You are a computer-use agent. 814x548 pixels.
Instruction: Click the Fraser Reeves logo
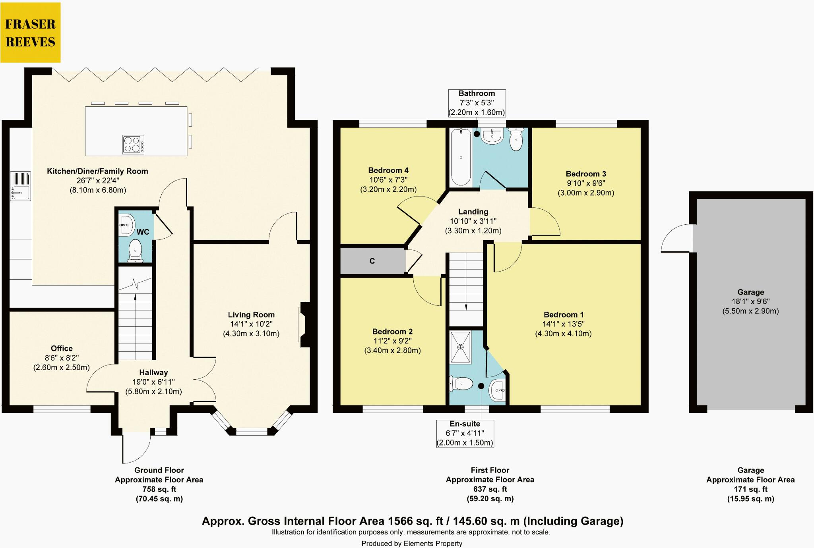(x=31, y=33)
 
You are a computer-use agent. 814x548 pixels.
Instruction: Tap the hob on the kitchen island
(x=133, y=145)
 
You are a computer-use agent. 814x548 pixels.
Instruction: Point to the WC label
(x=143, y=232)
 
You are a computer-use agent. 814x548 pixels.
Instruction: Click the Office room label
(x=62, y=348)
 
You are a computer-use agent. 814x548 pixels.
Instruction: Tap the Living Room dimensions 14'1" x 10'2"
(x=251, y=324)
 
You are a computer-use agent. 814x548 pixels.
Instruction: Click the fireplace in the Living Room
(x=304, y=325)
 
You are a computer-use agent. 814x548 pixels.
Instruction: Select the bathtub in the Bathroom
(x=461, y=157)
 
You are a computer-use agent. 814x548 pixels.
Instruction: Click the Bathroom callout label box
(x=477, y=103)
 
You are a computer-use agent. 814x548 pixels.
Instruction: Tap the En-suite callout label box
(x=465, y=433)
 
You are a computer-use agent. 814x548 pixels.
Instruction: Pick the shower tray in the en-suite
(x=460, y=347)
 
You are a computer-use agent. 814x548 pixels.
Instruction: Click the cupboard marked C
(x=372, y=261)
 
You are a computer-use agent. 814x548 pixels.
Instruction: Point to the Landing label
(x=473, y=212)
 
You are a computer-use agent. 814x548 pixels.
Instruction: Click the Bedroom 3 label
(x=585, y=174)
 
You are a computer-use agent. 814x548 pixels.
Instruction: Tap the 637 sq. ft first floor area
(x=490, y=489)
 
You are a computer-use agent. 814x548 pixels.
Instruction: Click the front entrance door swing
(x=136, y=449)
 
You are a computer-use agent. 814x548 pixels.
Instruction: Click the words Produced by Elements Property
(x=411, y=543)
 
